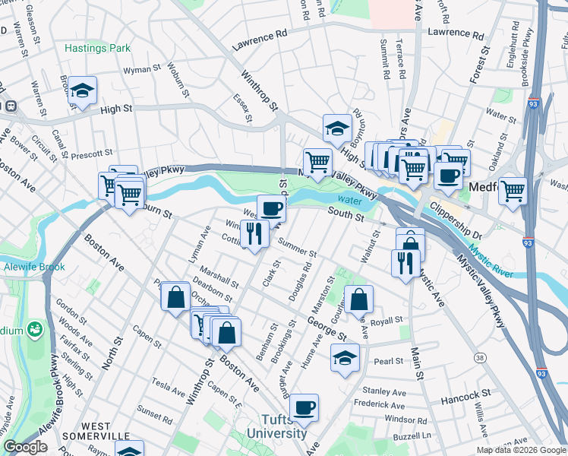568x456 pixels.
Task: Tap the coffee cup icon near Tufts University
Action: pos(304,408)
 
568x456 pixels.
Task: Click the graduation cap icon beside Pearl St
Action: pos(345,358)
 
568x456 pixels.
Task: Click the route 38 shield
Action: pos(479,357)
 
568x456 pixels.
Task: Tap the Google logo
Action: pos(25,447)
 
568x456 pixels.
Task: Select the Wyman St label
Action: pos(138,69)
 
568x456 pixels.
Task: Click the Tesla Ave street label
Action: pos(169,383)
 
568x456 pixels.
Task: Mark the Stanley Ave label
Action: pos(384,391)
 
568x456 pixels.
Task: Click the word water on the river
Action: pos(350,199)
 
